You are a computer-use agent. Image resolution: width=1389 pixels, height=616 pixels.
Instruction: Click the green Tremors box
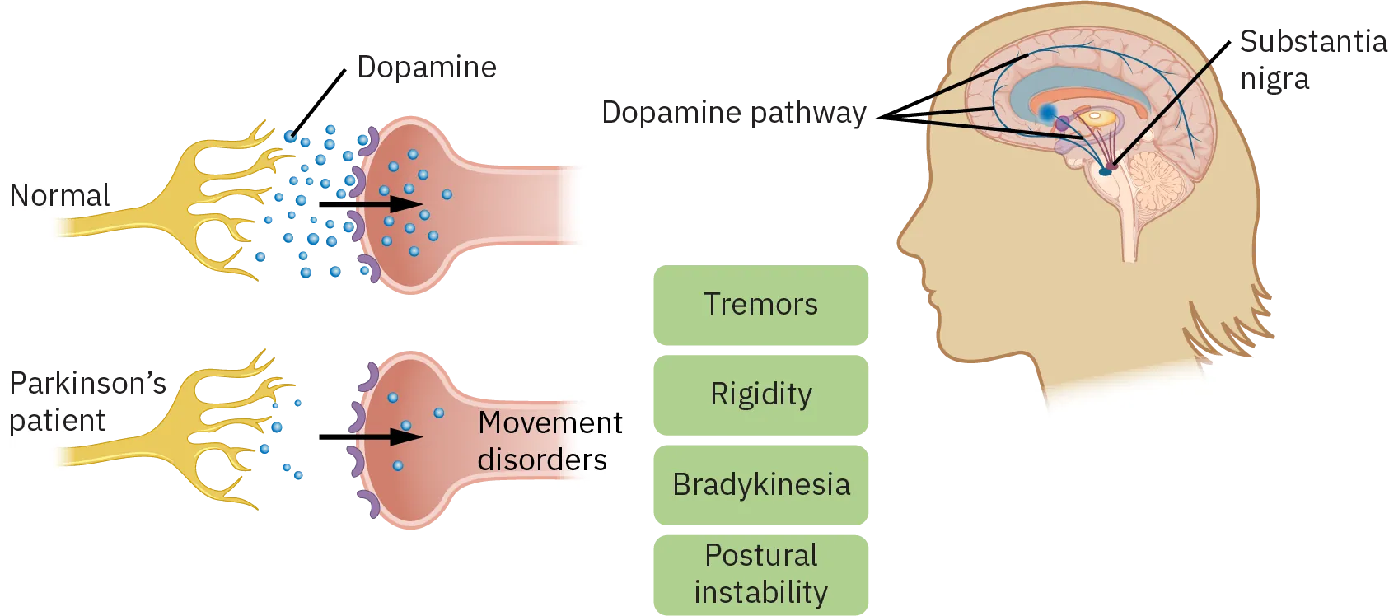click(x=760, y=304)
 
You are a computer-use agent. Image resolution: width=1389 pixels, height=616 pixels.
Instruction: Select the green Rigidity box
click(x=760, y=394)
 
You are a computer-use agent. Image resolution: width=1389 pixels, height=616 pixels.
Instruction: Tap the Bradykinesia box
click(x=760, y=485)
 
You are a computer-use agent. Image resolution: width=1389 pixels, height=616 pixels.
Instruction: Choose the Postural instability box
click(x=760, y=574)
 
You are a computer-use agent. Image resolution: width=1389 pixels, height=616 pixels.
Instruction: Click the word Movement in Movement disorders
click(x=550, y=423)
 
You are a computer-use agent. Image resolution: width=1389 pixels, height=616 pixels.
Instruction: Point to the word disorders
click(x=541, y=460)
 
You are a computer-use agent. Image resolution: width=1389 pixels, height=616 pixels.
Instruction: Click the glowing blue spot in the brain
click(x=1048, y=113)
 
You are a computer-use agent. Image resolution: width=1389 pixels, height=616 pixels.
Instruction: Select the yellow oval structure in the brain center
click(x=1096, y=118)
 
